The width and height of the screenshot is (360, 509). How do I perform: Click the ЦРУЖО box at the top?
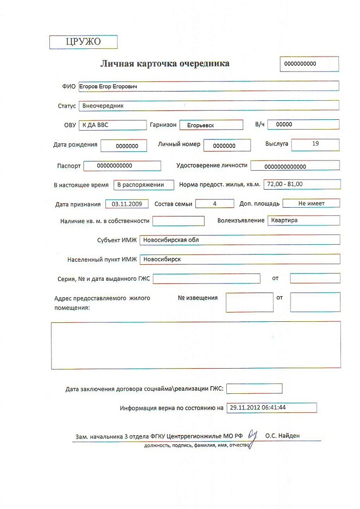(83, 42)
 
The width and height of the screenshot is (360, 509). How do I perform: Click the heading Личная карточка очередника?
(165, 64)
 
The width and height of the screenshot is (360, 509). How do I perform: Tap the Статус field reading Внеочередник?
(208, 105)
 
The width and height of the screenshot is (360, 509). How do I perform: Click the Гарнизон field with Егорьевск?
(211, 125)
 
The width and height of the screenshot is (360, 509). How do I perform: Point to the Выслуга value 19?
(315, 144)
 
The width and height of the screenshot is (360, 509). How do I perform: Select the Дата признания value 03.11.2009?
(127, 204)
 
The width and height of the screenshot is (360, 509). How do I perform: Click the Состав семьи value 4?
(215, 204)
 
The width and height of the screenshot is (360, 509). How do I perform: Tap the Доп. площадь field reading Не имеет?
(311, 203)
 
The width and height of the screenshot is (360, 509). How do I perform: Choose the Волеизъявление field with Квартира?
(303, 220)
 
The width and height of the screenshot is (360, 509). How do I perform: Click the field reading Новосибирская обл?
(240, 240)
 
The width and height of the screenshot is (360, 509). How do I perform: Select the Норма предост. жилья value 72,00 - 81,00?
(301, 184)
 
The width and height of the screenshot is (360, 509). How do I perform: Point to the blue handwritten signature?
(252, 438)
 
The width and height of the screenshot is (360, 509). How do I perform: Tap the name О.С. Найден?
(282, 436)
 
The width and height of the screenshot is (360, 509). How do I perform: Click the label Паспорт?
(68, 166)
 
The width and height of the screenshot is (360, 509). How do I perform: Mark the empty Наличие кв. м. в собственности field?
(178, 221)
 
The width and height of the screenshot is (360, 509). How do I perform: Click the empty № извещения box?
(249, 302)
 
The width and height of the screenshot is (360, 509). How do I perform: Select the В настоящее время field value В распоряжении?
(140, 185)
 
